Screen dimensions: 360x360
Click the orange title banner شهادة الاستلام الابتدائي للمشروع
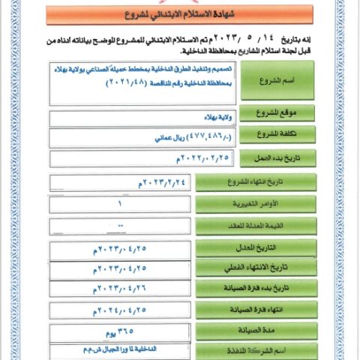point(179,14)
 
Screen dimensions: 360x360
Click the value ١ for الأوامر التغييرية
point(120,204)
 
